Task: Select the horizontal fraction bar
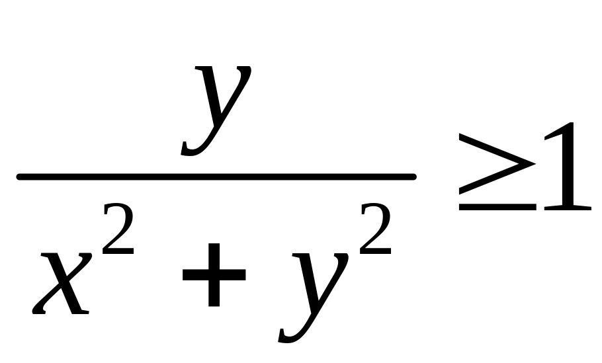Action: pyautogui.click(x=216, y=177)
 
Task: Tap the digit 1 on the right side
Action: pyautogui.click(x=564, y=173)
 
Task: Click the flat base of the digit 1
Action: pyautogui.click(x=566, y=208)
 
